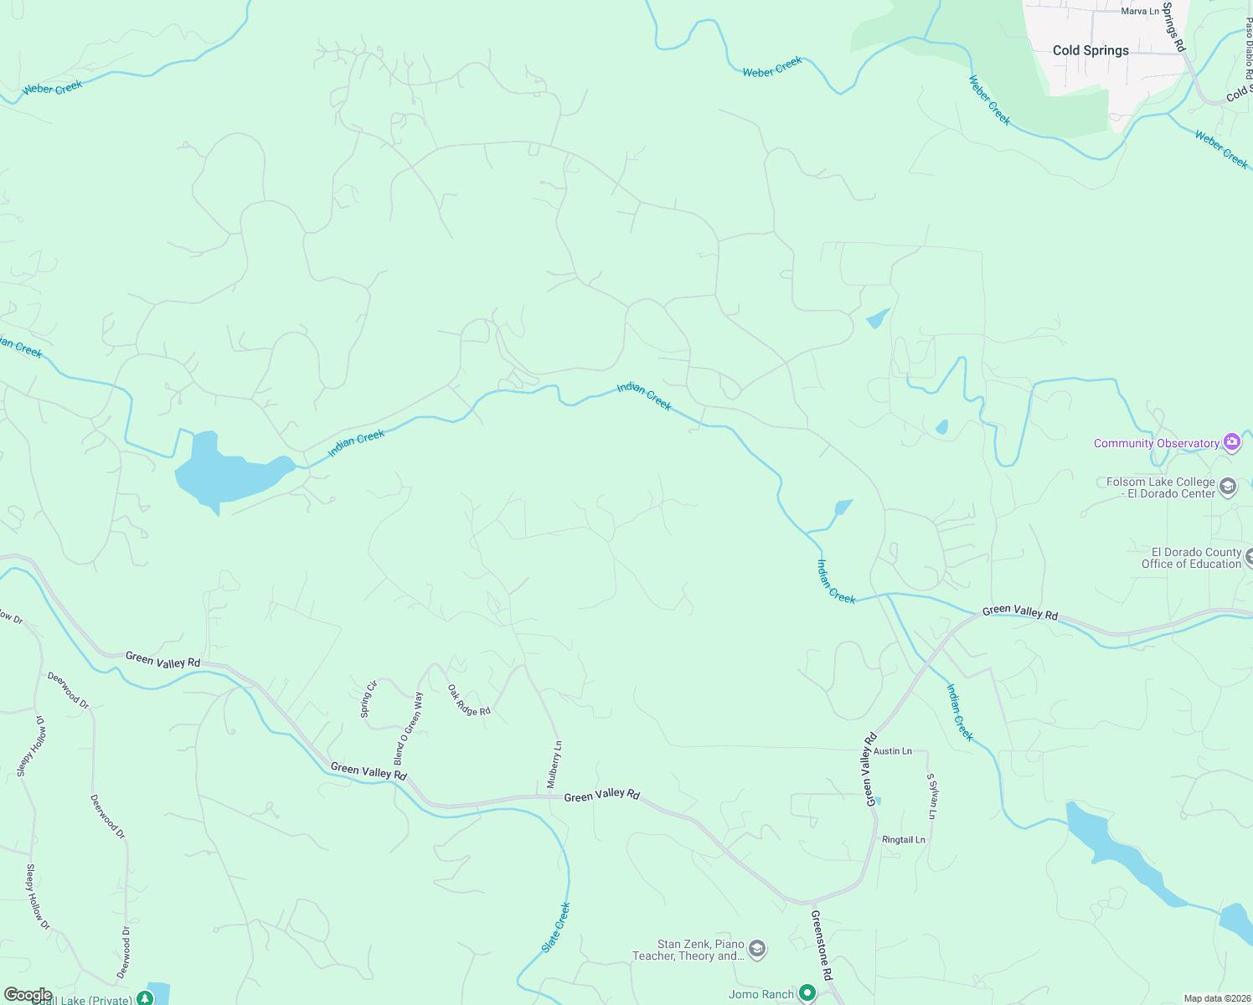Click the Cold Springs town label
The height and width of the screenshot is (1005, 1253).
point(1091,50)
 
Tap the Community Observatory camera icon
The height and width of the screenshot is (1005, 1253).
point(1231,442)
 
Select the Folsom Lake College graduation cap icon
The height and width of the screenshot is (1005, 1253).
point(1228,487)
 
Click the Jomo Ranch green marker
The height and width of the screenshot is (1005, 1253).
point(807,993)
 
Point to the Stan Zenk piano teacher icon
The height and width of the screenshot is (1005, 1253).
point(757,949)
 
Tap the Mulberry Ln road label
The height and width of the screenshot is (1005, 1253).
point(554,765)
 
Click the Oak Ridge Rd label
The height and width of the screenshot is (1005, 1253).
point(468,700)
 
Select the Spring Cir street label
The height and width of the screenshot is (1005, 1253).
point(369,698)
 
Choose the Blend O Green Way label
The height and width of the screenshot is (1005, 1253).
point(409,728)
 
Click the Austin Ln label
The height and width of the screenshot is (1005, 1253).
point(892,751)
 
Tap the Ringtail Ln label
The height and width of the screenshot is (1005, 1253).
point(903,839)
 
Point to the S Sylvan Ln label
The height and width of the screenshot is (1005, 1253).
point(932,796)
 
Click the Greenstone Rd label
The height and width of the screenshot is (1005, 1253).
point(822,946)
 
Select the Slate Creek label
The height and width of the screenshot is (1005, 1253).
point(555,927)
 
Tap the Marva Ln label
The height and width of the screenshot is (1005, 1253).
point(1140,11)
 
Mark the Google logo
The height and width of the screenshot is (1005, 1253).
point(28,995)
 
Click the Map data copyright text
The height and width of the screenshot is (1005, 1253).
point(1216,998)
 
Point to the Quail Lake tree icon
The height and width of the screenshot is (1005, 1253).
point(145,997)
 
